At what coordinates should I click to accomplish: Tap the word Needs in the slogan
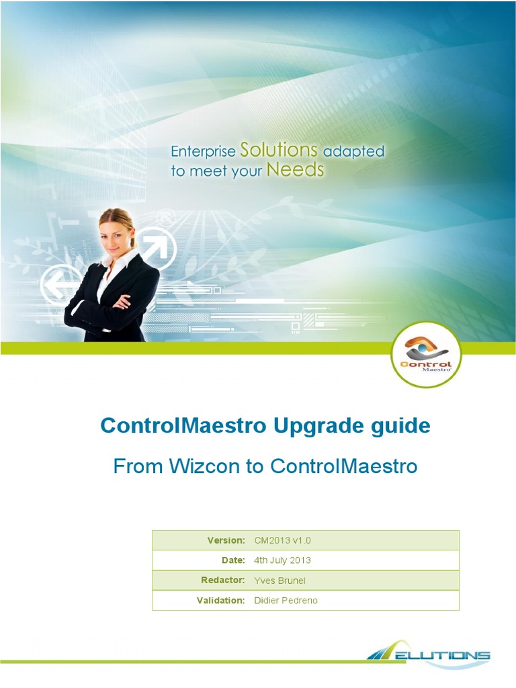click(x=295, y=170)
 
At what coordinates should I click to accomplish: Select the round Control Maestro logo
click(x=426, y=355)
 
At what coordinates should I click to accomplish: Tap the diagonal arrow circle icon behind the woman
click(x=156, y=249)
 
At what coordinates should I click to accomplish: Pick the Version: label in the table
click(x=226, y=540)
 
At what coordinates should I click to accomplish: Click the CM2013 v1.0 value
click(x=282, y=540)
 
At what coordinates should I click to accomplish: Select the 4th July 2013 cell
click(x=282, y=560)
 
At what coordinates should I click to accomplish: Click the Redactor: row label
click(x=222, y=580)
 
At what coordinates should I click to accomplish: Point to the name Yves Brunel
click(x=279, y=580)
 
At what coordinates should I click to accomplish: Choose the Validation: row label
click(x=220, y=600)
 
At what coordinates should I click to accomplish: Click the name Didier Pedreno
click(x=286, y=600)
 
